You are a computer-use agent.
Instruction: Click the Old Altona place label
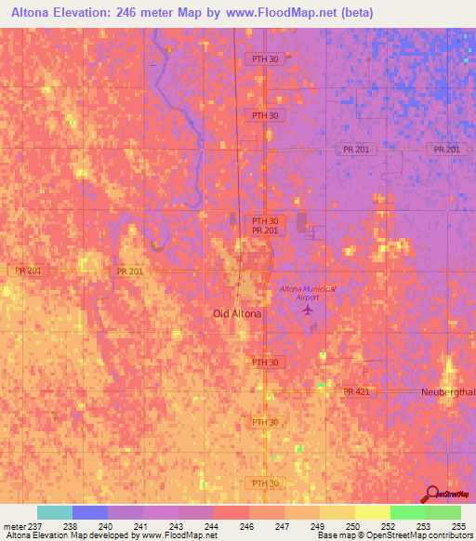237,314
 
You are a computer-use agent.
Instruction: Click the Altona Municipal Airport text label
307,295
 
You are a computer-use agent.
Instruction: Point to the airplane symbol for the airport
308,322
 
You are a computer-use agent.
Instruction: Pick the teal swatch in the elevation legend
55,512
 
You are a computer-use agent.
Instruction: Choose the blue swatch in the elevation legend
90,512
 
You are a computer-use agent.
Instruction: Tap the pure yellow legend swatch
372,512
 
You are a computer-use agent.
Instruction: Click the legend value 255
458,526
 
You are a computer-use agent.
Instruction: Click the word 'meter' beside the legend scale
16,526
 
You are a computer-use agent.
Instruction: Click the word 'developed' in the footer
111,536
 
